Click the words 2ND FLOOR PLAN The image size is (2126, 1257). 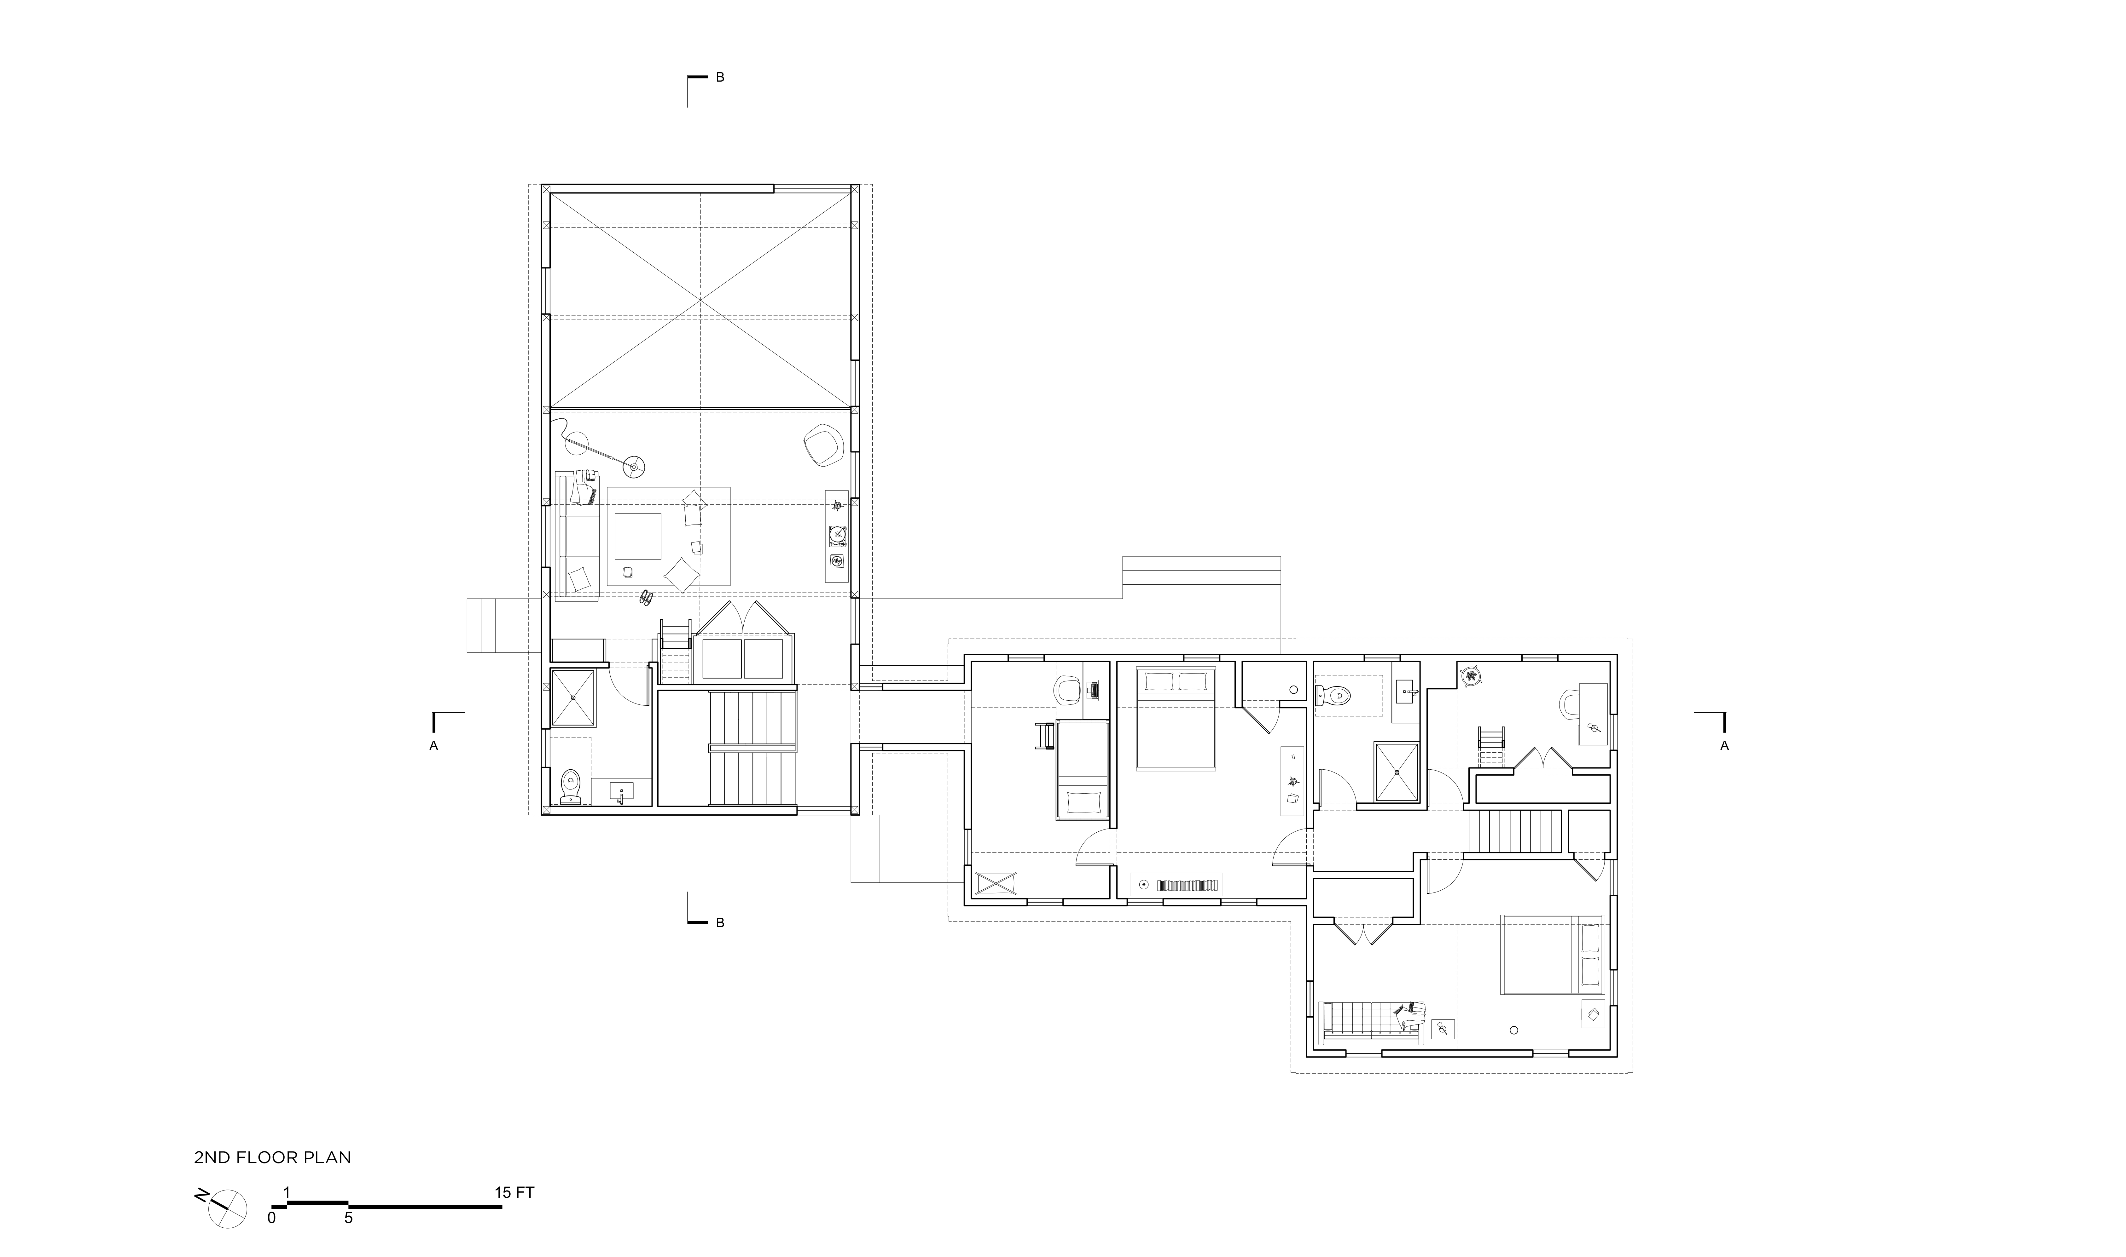click(x=272, y=1157)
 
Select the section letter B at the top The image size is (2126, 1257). click(x=720, y=77)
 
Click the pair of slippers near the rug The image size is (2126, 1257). click(x=646, y=597)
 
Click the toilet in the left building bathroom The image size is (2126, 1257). click(x=570, y=786)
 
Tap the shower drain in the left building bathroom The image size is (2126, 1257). click(x=574, y=697)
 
